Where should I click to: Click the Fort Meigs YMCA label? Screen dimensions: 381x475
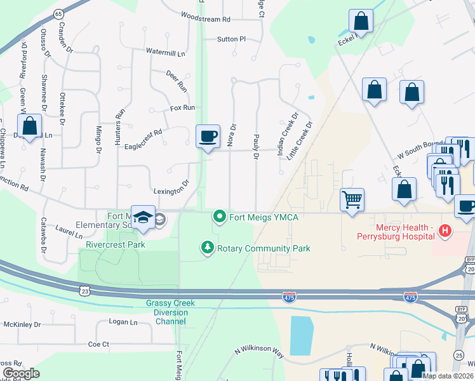[x=264, y=217]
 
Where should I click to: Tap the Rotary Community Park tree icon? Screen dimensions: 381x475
[x=207, y=248]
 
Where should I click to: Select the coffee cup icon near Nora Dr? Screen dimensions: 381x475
[x=208, y=137]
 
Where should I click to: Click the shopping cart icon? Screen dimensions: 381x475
[x=352, y=200]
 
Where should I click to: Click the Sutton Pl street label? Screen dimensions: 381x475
[x=231, y=39]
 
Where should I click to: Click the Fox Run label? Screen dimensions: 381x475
[x=182, y=108]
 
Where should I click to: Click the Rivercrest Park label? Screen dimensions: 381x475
[x=116, y=244]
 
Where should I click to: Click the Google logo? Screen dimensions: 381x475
[x=21, y=373]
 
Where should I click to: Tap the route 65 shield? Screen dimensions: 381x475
[x=58, y=13]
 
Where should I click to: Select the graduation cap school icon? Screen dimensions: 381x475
[x=143, y=217]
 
